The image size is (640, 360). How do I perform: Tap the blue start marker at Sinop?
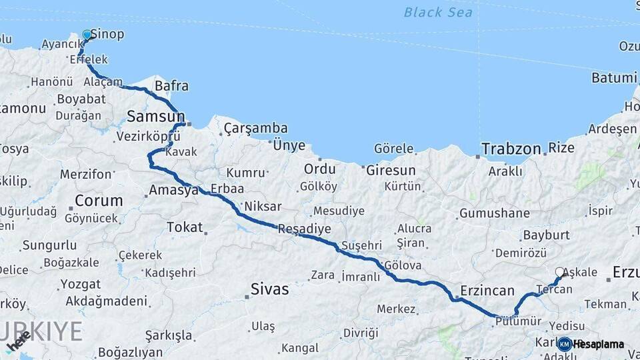[87, 35]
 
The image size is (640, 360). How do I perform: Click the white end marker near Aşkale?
[559, 272]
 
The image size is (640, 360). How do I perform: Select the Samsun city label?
[151, 117]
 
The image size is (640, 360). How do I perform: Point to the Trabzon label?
[511, 149]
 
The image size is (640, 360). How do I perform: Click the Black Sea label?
[438, 13]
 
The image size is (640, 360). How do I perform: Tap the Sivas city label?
[270, 289]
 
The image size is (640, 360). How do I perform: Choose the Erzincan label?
[487, 291]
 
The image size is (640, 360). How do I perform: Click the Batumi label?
[614, 78]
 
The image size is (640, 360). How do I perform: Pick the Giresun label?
[391, 170]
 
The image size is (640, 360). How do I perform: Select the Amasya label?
[174, 190]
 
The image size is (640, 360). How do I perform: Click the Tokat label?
[185, 227]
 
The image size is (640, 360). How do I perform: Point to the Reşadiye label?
[304, 229]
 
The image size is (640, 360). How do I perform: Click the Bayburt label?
[546, 235]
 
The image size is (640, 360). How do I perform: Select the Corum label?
[99, 201]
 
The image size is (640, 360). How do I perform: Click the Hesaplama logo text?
[598, 345]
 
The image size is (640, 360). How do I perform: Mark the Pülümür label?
[517, 321]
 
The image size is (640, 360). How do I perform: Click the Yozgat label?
[81, 285]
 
